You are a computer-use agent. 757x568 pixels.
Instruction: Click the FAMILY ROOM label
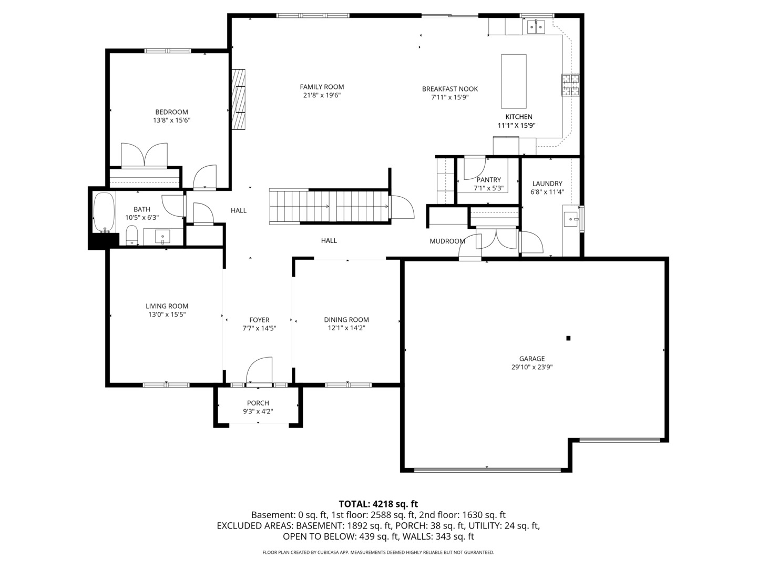322,87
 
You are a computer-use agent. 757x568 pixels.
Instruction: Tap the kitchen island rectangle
514,81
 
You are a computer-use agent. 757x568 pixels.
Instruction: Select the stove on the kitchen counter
570,85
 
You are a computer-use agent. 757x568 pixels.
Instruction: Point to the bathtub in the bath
104,212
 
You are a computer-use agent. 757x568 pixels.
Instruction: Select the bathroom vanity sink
162,237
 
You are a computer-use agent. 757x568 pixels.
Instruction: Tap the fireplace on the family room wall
239,99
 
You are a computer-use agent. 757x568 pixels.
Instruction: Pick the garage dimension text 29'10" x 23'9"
532,367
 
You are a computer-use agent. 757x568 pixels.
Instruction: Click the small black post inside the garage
568,338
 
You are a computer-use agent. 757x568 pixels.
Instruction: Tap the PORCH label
258,403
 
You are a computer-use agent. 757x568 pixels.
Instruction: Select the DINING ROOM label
346,319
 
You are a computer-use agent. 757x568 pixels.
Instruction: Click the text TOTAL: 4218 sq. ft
378,504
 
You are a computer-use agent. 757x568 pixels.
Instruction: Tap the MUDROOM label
447,241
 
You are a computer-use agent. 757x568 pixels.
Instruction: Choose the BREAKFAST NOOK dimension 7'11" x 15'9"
449,97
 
